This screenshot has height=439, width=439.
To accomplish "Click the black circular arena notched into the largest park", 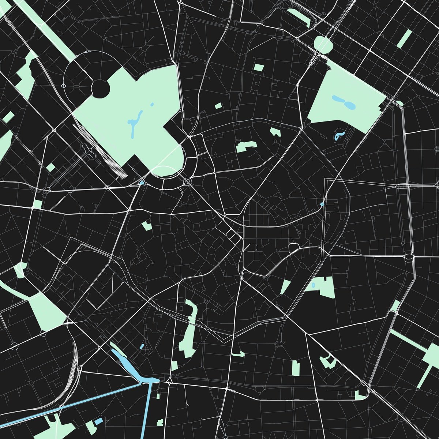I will (x=100, y=89).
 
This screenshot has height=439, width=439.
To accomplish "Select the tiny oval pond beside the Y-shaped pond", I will (x=152, y=105).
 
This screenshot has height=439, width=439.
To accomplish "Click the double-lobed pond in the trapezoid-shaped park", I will (x=344, y=102).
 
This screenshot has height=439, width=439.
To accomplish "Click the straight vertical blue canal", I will (x=148, y=410).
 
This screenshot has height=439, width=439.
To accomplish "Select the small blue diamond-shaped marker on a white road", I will (x=322, y=204).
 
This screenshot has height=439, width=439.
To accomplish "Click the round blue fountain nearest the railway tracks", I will (x=142, y=183).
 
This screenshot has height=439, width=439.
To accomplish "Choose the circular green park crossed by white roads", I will (x=324, y=44).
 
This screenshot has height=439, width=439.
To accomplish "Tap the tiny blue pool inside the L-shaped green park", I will (x=313, y=285).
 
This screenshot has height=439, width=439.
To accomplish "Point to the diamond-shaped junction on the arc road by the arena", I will (x=64, y=86).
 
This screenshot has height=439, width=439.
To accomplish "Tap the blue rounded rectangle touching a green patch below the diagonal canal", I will (x=98, y=421).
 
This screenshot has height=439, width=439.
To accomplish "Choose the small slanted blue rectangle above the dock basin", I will (x=142, y=346).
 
